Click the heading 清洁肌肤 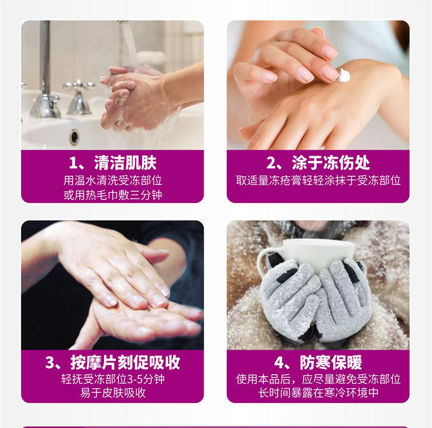click(x=125, y=163)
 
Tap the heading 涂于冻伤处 click(x=330, y=163)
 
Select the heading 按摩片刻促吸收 click(x=125, y=362)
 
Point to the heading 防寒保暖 click(x=330, y=362)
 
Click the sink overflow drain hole click(x=75, y=137)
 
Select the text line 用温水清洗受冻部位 click(x=113, y=181)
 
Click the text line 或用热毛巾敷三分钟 click(x=113, y=195)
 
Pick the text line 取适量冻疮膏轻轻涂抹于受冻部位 click(x=318, y=181)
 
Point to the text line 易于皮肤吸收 click(x=113, y=392)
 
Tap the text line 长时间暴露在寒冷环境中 click(x=318, y=392)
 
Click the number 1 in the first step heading click(x=73, y=163)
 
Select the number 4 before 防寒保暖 click(x=279, y=363)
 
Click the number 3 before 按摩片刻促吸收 click(x=50, y=363)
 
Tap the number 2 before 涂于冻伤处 click(x=271, y=163)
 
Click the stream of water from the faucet click(x=130, y=44)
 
